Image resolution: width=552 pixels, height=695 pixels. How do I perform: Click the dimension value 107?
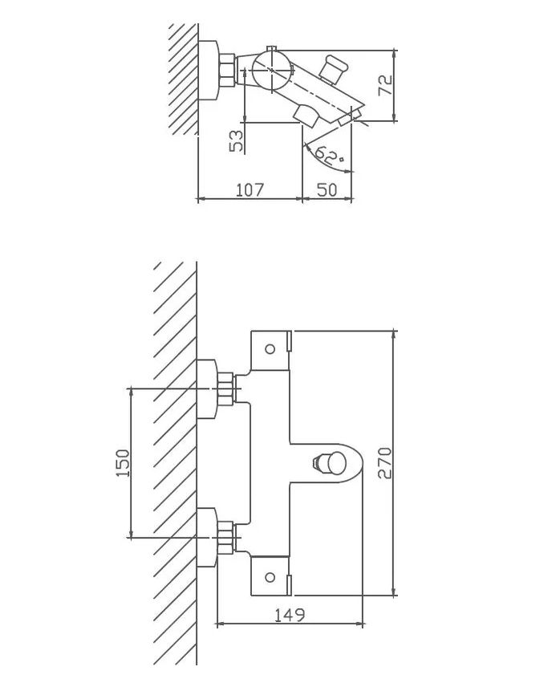(x=250, y=189)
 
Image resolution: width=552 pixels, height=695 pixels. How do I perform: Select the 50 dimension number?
(x=327, y=189)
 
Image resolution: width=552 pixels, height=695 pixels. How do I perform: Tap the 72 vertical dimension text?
(x=385, y=85)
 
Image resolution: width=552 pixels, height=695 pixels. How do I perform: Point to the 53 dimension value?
(x=237, y=141)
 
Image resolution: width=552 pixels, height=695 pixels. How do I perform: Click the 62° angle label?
(x=329, y=155)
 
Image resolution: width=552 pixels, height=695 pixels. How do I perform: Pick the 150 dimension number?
(x=123, y=463)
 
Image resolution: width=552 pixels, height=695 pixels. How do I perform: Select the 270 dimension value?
(x=384, y=463)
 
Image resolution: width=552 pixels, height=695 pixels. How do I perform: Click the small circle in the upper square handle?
(x=270, y=349)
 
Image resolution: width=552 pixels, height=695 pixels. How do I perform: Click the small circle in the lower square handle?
(x=270, y=577)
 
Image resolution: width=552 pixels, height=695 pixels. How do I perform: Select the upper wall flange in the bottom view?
(x=207, y=390)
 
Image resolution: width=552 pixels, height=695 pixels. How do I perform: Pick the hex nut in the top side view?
(x=229, y=71)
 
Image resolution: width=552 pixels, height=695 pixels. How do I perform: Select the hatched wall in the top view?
(x=184, y=79)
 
